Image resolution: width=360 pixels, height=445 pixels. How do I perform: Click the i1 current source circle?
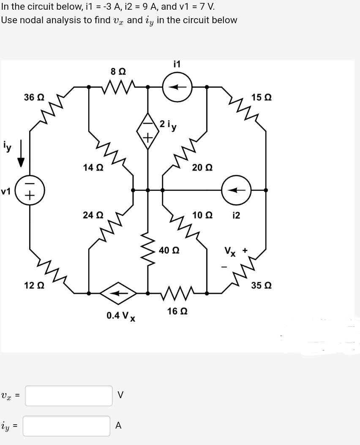point(177,87)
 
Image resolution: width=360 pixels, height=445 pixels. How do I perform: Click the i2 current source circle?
point(237,190)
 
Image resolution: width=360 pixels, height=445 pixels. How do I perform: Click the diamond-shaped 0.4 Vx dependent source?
point(118,293)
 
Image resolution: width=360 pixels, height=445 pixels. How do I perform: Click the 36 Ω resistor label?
point(34,97)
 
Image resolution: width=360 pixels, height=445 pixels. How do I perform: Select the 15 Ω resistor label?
point(261,97)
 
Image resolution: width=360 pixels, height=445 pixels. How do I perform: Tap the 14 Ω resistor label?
point(93,168)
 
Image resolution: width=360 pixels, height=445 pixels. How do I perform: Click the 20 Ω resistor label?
point(202,168)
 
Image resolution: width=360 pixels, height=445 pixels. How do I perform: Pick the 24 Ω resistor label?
point(93,215)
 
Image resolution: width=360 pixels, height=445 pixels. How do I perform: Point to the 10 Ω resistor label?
point(202,215)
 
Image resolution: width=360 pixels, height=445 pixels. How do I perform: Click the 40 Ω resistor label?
point(169,250)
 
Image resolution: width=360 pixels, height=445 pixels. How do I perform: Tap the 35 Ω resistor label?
point(261,285)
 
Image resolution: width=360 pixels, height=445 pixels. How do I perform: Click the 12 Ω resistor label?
point(34,285)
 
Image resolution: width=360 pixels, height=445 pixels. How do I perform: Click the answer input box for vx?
point(68,396)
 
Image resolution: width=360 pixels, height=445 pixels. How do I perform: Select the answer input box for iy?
point(66,426)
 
